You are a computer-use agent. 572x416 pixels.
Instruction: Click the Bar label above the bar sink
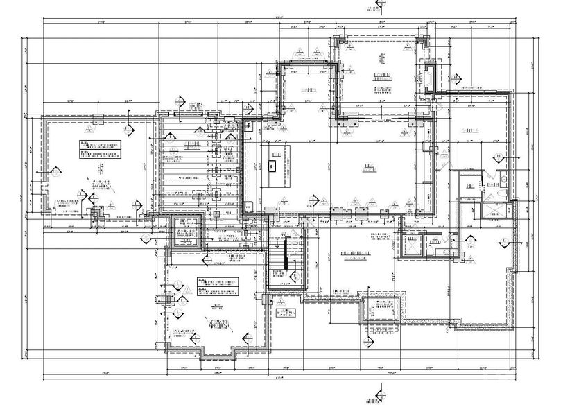point(277,154)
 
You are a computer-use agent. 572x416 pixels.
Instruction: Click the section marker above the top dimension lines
point(378,6)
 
